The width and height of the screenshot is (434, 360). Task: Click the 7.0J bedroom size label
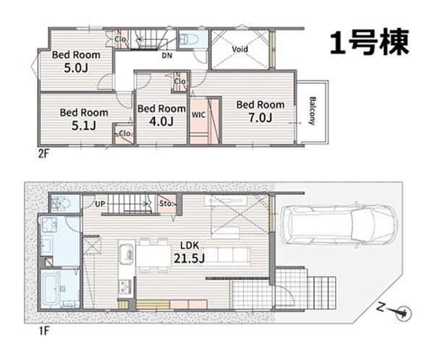coord(260,118)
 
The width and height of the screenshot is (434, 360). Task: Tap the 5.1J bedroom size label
coord(84,126)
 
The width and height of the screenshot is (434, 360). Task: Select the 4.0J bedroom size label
coord(161,121)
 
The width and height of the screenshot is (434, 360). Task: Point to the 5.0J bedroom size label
coord(76,68)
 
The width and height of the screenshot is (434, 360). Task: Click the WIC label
coord(198,114)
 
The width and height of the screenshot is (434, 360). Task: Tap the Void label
coord(239,50)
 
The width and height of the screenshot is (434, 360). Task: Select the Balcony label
coord(312,111)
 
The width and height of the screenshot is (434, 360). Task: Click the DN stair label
coord(167,56)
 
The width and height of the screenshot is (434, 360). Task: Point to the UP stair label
coord(100,204)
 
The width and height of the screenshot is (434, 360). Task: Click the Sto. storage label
coord(166,204)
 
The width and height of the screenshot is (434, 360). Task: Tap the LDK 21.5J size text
coord(190,252)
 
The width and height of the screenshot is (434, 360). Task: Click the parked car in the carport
coord(339,224)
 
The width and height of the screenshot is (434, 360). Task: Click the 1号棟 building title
coord(369,43)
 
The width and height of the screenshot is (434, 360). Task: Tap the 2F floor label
coord(43,153)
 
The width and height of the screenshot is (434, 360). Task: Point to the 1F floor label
coord(43,330)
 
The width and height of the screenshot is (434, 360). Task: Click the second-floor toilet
coord(188,38)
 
